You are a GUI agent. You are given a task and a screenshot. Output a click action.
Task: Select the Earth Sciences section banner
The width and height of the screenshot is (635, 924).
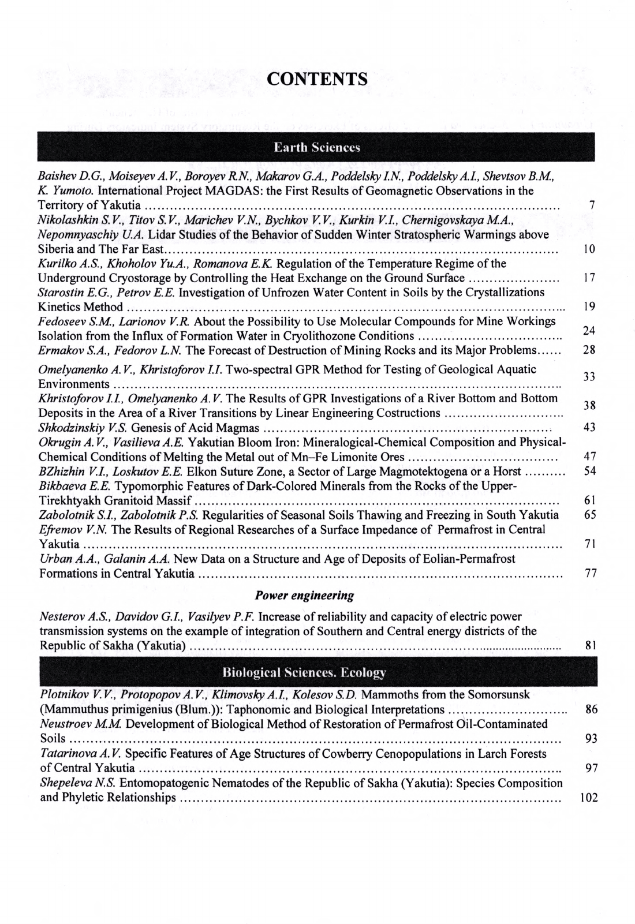(x=317, y=147)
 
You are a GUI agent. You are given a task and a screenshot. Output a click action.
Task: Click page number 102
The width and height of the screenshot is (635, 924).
(x=588, y=798)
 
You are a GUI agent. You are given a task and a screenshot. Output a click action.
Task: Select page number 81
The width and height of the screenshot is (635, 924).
(x=590, y=645)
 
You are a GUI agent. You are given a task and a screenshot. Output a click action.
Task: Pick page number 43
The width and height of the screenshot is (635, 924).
(x=589, y=427)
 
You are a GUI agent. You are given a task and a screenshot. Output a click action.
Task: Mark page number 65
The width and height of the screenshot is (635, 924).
(x=589, y=515)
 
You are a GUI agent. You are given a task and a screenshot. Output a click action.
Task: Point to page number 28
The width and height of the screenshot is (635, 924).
(x=589, y=350)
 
